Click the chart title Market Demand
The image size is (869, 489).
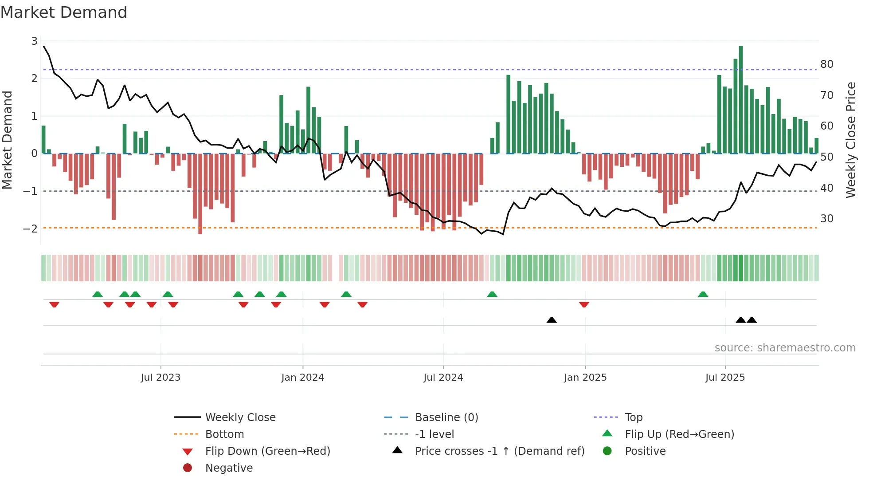pos(64,12)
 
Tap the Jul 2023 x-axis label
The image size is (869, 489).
pos(160,378)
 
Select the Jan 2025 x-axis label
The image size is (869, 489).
pos(585,378)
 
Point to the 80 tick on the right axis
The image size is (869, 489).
pos(827,64)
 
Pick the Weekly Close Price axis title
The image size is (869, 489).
pos(851,140)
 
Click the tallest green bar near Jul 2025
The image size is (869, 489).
pos(741,100)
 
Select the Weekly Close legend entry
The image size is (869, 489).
pos(240,418)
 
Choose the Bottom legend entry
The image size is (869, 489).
pos(224,434)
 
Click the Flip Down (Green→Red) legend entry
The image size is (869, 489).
pos(267,451)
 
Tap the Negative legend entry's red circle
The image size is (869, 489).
pos(188,468)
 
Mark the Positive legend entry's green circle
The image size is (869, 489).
pos(607,451)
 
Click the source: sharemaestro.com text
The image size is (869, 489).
pos(785,348)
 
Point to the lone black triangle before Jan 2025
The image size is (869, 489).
pos(552,320)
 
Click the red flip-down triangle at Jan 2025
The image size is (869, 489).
pos(584,304)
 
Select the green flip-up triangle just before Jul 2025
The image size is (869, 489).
pos(703,294)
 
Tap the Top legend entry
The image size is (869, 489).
pos(634,418)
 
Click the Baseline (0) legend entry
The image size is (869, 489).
pos(446,418)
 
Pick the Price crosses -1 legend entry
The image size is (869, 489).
pos(499,451)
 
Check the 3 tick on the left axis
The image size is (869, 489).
pos(34,41)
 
